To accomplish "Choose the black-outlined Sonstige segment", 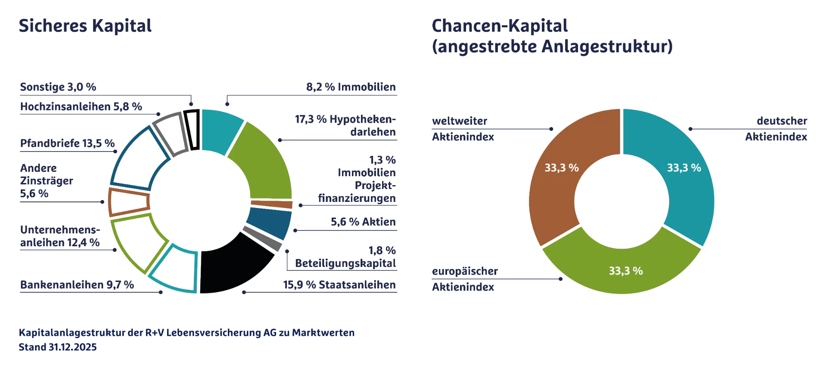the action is tap(192, 130).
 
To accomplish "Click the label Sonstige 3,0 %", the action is tap(58, 87).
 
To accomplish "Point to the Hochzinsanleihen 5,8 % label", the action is tap(81, 106).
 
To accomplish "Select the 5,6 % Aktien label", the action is tap(363, 222).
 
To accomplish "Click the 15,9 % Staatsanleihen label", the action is tap(339, 285).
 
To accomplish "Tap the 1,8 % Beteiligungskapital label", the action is tap(345, 257).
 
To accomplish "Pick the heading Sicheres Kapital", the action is tap(85, 26).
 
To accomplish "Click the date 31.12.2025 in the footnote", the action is tap(72, 347).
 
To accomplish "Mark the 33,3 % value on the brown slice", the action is tap(562, 167).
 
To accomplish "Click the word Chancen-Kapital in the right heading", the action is tap(500, 26).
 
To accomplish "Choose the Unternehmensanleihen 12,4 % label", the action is tap(60, 236).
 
